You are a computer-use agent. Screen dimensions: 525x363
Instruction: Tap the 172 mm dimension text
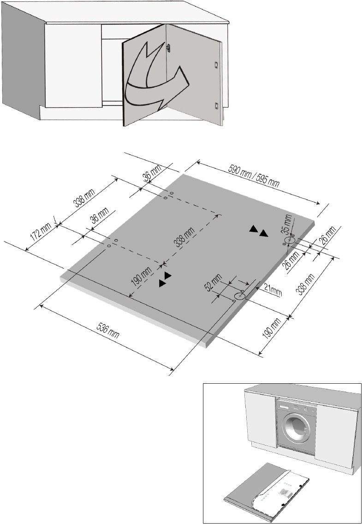coord(41,236)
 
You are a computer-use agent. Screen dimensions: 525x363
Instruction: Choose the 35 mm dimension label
coord(287,224)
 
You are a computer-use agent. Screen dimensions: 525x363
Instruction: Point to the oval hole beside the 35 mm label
coord(289,241)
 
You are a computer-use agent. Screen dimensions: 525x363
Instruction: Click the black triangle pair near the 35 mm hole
coord(258,231)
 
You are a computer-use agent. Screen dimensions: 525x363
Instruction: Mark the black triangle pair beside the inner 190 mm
coord(165,279)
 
